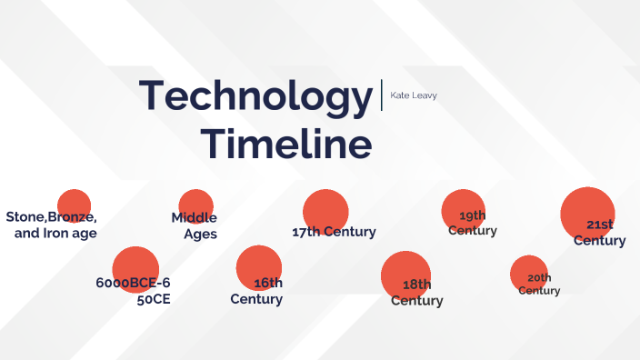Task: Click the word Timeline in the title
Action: click(286, 145)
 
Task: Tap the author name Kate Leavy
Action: click(414, 95)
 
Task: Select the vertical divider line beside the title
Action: click(382, 95)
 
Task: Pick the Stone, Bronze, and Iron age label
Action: click(53, 225)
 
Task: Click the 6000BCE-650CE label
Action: click(134, 290)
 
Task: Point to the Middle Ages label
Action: click(195, 225)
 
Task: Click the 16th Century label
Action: click(257, 291)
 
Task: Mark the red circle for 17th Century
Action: click(325, 210)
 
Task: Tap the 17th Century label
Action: click(334, 232)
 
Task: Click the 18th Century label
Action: click(417, 293)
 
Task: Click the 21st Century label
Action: click(600, 233)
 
